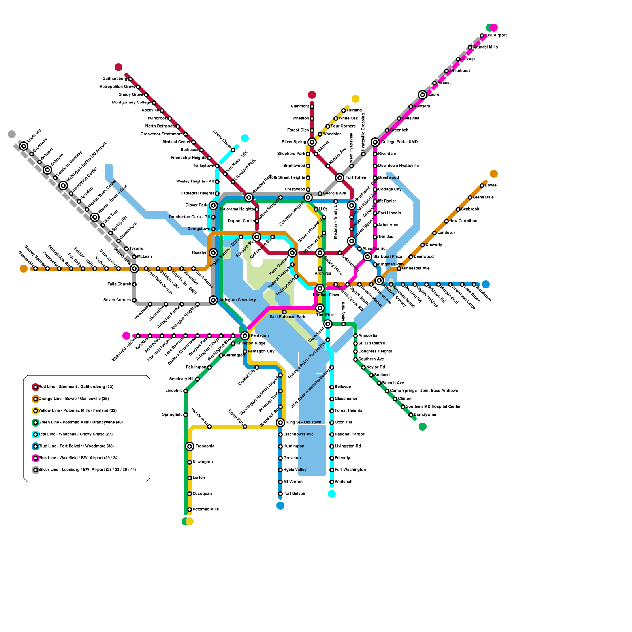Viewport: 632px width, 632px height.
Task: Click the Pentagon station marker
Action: [x=245, y=336]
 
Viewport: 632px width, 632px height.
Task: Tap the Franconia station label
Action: [x=205, y=446]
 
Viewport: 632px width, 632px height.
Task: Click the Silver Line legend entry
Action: [x=87, y=470]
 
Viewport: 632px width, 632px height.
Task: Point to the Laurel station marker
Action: [x=423, y=95]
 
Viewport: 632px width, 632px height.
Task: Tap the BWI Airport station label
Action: [x=496, y=36]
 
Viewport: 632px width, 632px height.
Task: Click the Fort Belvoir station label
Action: [x=294, y=494]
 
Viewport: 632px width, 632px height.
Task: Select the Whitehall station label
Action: [x=343, y=482]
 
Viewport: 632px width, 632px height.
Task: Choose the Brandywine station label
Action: [x=425, y=415]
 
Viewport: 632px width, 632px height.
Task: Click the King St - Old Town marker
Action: [x=280, y=423]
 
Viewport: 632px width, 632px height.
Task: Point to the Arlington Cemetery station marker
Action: [x=213, y=300]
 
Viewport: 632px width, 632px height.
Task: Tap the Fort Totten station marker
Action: [x=340, y=178]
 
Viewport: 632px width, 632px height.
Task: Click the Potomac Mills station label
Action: [x=205, y=510]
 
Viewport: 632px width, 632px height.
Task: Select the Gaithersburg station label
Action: [x=115, y=79]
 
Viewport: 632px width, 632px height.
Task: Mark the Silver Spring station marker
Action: [x=312, y=142]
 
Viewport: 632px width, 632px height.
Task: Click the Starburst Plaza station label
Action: [x=387, y=257]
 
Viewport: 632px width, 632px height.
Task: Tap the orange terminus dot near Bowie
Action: [x=494, y=174]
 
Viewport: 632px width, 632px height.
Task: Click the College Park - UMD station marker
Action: [x=375, y=142]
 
